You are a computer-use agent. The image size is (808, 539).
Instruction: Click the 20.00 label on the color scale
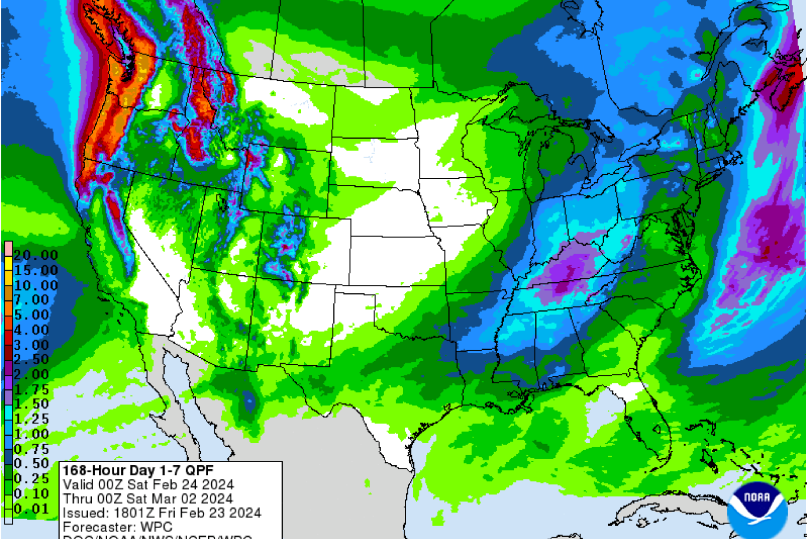(x=35, y=255)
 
